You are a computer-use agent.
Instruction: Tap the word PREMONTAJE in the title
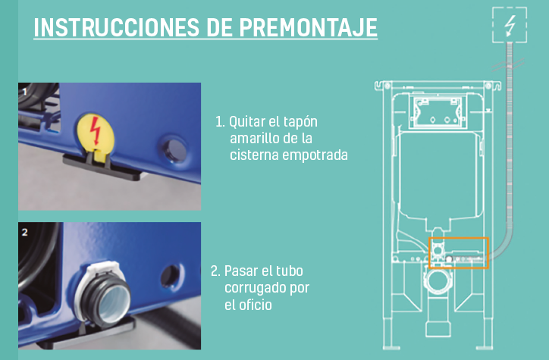[x=309, y=27]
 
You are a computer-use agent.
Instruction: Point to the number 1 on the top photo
[x=24, y=92]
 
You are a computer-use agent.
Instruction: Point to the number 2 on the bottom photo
[x=24, y=233]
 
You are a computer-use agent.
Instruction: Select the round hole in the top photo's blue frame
[x=174, y=150]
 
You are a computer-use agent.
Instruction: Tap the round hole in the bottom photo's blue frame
[x=171, y=276]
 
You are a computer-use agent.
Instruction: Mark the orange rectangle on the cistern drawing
[x=459, y=238]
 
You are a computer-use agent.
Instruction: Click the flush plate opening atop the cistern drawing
[x=438, y=112]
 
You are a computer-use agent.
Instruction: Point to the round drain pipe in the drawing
[x=438, y=280]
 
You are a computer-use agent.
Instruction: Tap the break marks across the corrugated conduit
[x=508, y=65]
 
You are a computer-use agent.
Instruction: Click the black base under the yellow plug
[x=102, y=167]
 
